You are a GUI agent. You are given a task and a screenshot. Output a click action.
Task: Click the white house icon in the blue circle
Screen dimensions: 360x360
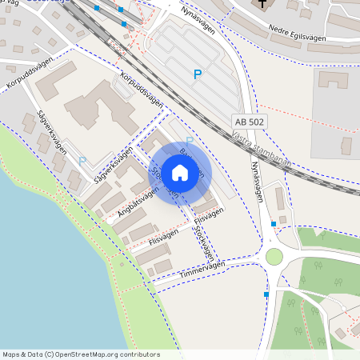click(180, 172)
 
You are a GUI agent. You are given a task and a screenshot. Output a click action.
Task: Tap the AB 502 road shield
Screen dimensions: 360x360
click(249, 121)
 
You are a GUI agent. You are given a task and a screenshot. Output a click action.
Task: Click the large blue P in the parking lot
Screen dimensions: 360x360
click(198, 74)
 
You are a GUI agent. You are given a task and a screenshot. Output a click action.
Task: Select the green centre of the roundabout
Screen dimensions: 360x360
click(274, 256)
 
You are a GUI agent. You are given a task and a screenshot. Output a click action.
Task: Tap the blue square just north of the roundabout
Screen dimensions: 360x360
click(274, 224)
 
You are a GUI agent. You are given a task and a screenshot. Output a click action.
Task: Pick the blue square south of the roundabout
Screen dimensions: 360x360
click(266, 294)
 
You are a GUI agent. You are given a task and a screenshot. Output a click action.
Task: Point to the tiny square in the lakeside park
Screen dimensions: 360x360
click(122, 263)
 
